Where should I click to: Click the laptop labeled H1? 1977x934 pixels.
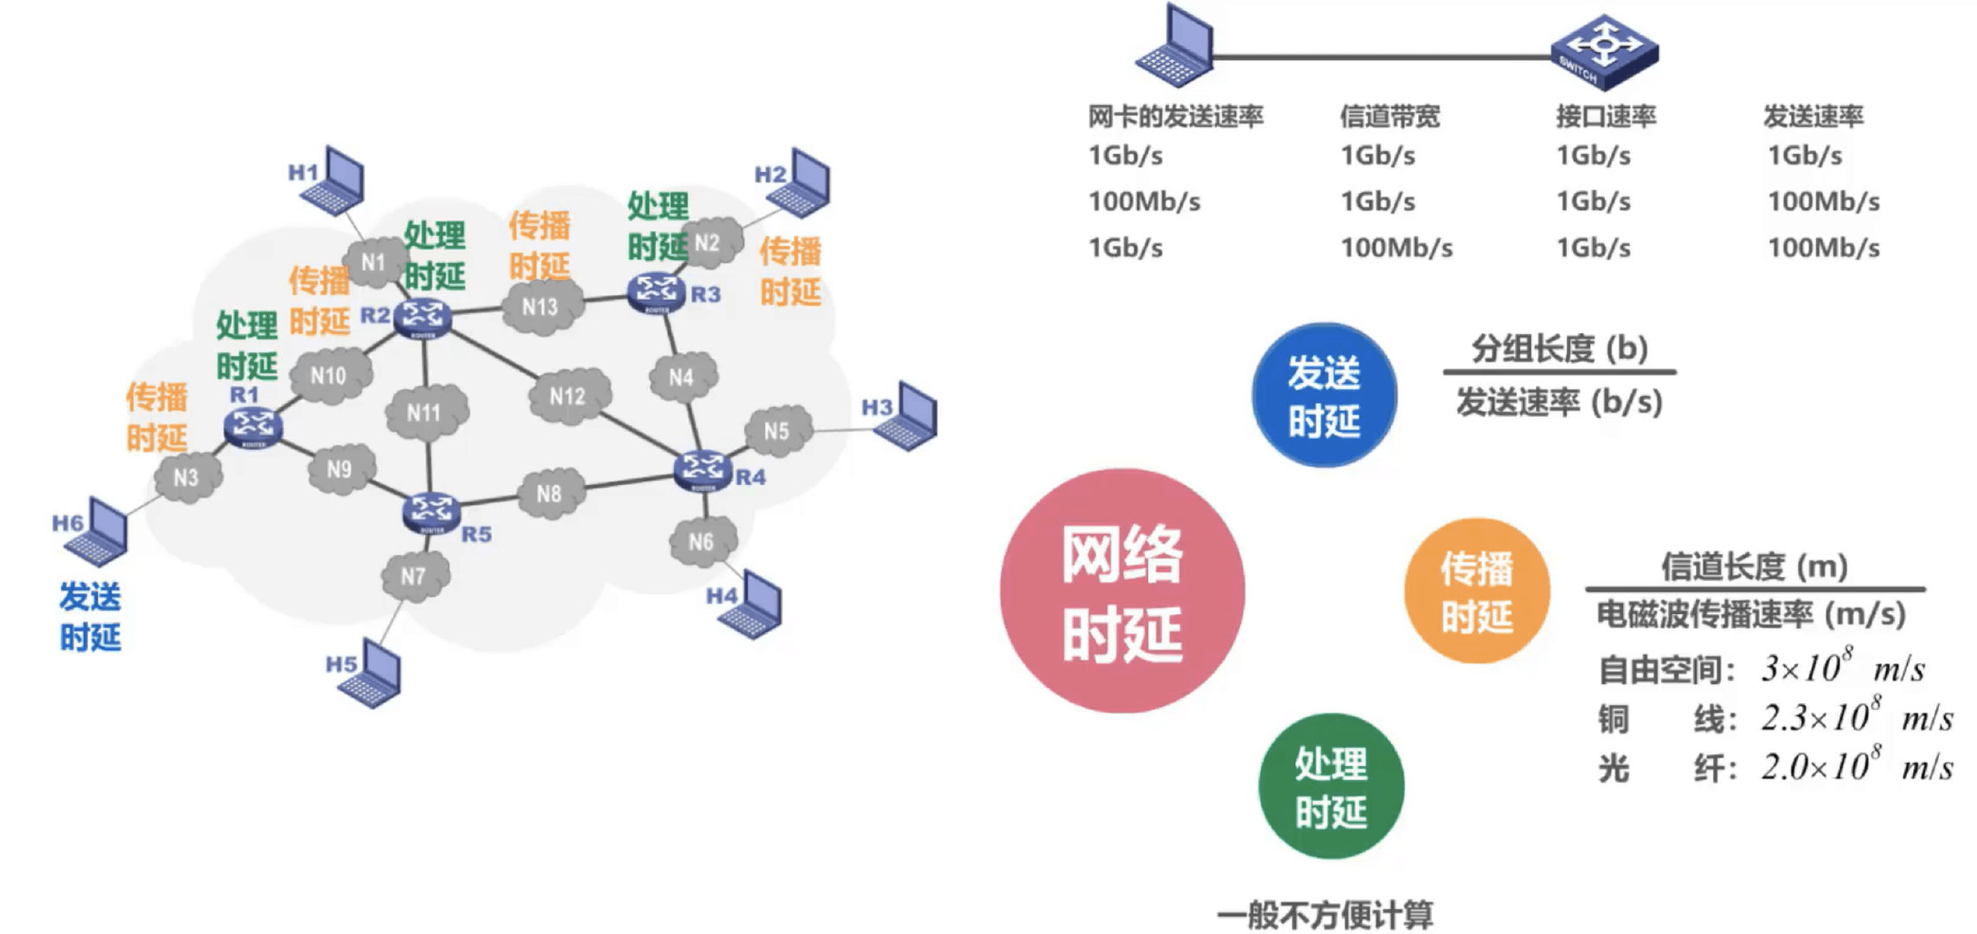click(333, 182)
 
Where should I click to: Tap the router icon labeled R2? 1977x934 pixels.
click(422, 318)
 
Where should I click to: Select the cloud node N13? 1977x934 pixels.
click(540, 307)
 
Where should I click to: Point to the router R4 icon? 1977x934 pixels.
click(702, 470)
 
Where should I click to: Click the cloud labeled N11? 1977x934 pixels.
click(424, 413)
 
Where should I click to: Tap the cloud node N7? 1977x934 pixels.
click(414, 575)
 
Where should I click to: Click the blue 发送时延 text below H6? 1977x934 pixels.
click(90, 617)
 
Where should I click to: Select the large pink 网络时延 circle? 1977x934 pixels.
click(1122, 592)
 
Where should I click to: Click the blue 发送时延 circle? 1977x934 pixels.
click(1324, 395)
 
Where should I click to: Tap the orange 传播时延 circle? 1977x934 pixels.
click(1476, 592)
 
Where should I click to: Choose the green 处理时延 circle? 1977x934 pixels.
click(1331, 786)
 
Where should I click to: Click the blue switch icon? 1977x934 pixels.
click(1605, 51)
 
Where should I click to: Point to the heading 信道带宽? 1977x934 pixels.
click(1390, 116)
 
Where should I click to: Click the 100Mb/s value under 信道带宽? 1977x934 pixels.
click(1396, 248)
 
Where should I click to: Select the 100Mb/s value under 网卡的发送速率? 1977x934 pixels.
click(1144, 202)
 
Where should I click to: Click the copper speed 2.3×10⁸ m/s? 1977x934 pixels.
click(1857, 718)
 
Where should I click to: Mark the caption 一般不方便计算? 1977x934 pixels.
click(1325, 915)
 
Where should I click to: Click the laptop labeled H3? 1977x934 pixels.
click(907, 417)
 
